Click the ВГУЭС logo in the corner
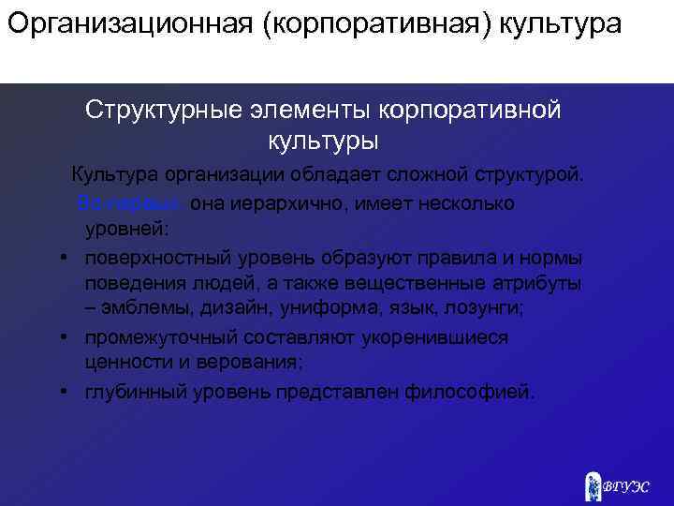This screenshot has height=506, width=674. pyautogui.click(x=618, y=485)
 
